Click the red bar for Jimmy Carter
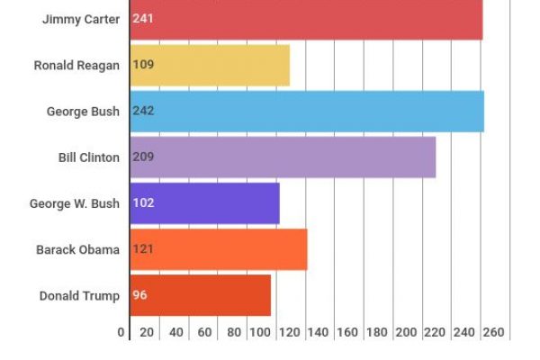[x=306, y=19]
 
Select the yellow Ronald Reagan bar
[x=210, y=65]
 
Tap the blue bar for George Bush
[x=307, y=111]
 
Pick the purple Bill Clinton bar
[x=283, y=157]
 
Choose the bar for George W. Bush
[x=204, y=202]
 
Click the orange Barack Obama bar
[x=219, y=249]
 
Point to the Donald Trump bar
[x=200, y=295]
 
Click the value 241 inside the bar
[x=143, y=19]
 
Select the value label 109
[x=143, y=65]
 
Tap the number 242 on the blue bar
[x=143, y=111]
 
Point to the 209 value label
[x=143, y=157]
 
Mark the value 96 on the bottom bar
[x=139, y=295]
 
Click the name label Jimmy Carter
[x=80, y=19]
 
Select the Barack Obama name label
[x=77, y=249]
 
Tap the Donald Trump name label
[x=79, y=295]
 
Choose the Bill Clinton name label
[x=88, y=157]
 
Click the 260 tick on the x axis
[x=494, y=332]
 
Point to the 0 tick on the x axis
[x=121, y=332]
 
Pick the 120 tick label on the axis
[x=291, y=332]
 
